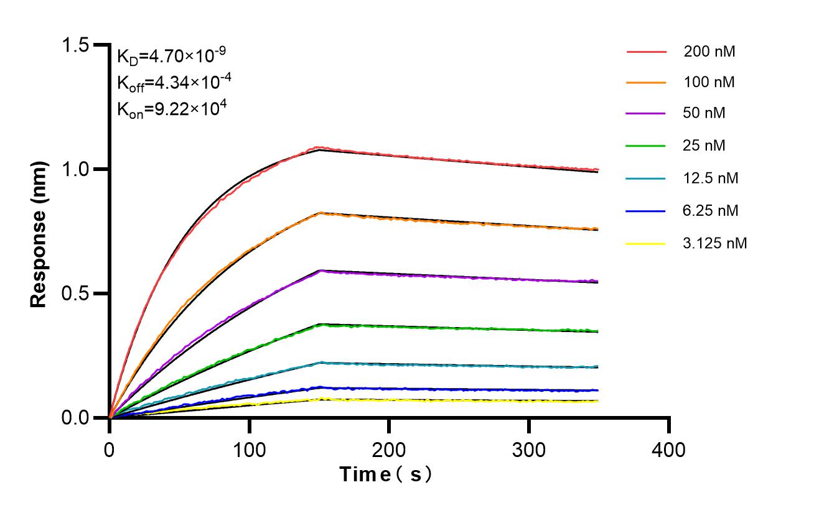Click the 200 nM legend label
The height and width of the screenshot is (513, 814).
(709, 52)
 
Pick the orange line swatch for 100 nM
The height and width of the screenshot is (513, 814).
(646, 82)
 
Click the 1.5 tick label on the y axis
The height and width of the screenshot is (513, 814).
(76, 45)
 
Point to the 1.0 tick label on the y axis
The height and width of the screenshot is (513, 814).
(76, 169)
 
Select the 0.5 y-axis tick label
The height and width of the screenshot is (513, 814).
(76, 293)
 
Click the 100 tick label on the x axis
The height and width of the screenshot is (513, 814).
(250, 449)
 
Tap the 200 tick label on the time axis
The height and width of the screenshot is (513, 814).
(389, 449)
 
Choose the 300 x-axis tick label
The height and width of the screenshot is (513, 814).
(529, 449)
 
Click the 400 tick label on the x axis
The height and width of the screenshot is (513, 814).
(669, 449)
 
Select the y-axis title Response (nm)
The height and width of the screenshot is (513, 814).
(39, 234)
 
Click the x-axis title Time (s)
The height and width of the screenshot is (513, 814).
(386, 475)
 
